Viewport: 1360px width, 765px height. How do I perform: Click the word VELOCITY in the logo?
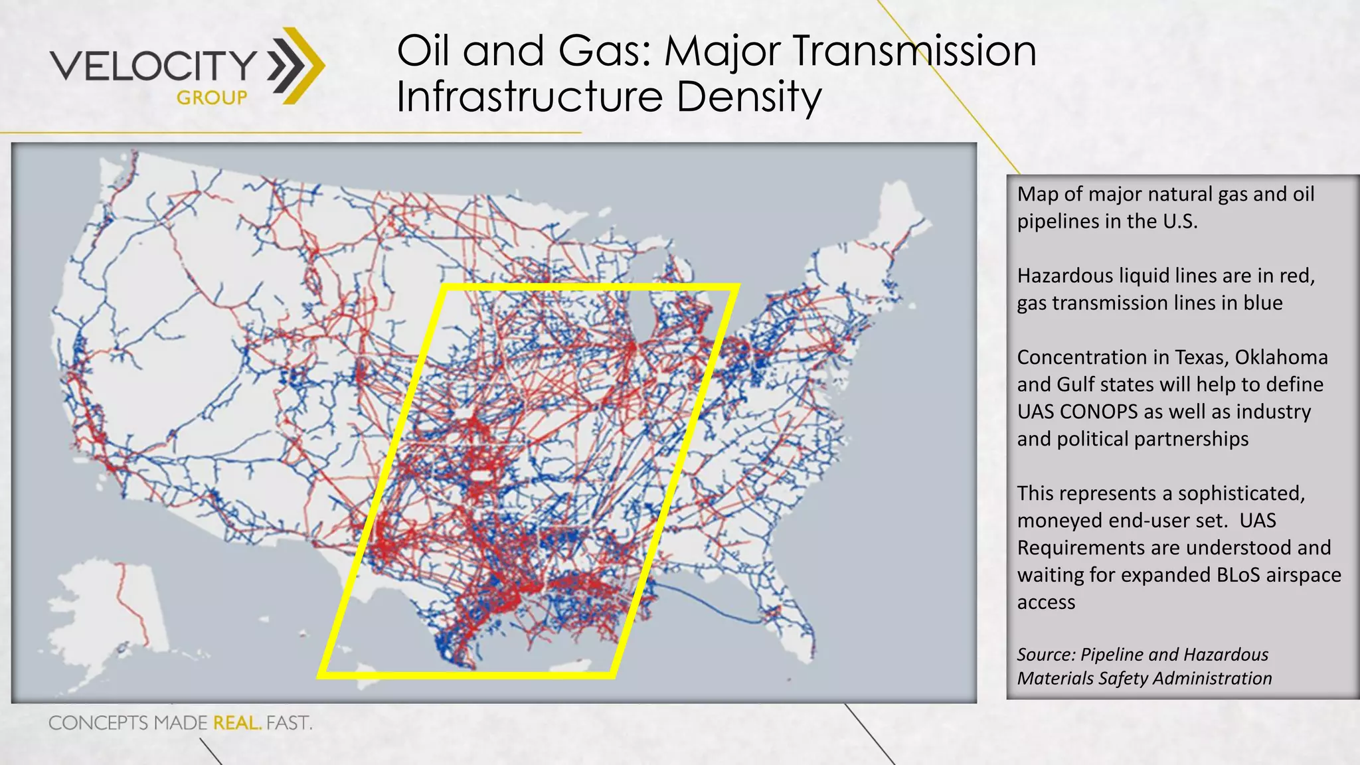click(x=153, y=65)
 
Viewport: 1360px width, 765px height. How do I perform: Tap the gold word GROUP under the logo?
click(x=212, y=98)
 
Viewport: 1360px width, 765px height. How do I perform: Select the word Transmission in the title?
click(x=914, y=51)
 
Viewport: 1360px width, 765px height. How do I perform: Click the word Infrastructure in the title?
click(x=530, y=96)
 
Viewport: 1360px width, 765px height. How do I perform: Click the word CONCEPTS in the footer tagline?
click(x=98, y=722)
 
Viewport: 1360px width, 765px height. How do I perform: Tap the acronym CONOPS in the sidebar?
click(x=1099, y=412)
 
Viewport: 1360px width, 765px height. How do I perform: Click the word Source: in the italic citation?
click(x=1046, y=655)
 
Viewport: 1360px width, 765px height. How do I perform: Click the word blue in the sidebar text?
click(x=1262, y=303)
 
